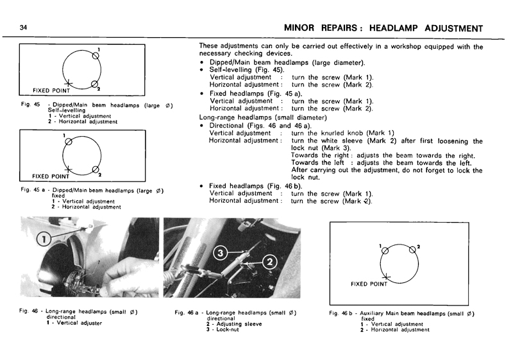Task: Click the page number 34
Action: [23, 28]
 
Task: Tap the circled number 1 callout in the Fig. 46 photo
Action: [44, 239]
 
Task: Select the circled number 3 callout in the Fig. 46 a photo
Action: [221, 253]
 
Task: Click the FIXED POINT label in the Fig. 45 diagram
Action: [51, 90]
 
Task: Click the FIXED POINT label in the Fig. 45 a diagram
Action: [51, 176]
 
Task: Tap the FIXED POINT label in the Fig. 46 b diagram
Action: [369, 283]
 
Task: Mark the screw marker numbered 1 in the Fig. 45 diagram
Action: [96, 56]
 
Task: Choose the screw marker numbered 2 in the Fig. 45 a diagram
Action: [96, 170]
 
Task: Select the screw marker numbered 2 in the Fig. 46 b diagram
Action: [412, 251]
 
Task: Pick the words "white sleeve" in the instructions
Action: [358, 141]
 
